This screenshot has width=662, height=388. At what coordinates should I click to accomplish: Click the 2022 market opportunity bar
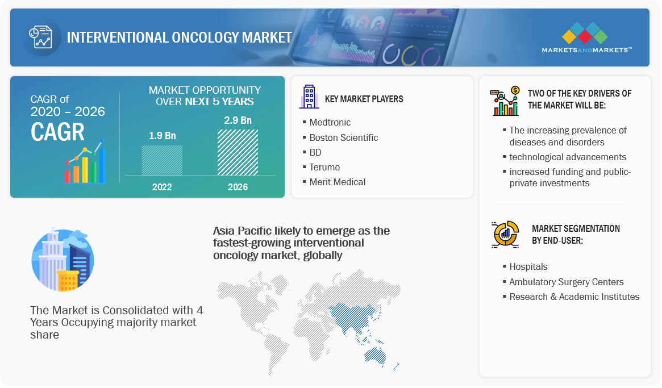click(x=162, y=160)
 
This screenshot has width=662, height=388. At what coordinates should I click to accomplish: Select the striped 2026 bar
click(x=238, y=152)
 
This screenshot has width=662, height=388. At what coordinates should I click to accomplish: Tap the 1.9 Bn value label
click(x=162, y=136)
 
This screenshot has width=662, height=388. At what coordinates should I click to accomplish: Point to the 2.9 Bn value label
click(x=238, y=120)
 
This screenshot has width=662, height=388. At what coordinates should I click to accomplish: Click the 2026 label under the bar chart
click(x=238, y=187)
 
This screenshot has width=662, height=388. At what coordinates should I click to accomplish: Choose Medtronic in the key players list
click(x=330, y=123)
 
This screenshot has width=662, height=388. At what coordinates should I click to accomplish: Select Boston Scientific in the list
click(x=344, y=137)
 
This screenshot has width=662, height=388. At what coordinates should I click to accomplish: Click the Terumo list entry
click(x=324, y=167)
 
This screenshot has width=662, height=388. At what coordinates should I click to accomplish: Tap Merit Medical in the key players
click(x=338, y=182)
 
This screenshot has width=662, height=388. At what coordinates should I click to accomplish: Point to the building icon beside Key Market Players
click(x=309, y=97)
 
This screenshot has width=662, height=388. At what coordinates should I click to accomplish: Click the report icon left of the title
click(x=40, y=37)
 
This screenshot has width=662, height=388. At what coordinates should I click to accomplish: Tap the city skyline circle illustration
click(x=63, y=260)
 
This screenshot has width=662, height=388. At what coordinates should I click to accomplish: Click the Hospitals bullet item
click(x=528, y=267)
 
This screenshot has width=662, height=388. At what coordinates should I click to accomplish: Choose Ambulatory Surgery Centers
click(x=566, y=282)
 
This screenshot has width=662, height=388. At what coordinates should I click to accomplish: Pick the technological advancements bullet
click(x=568, y=157)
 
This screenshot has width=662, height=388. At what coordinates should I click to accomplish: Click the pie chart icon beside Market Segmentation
click(x=505, y=234)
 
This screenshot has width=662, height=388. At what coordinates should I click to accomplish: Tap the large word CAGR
click(x=57, y=132)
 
